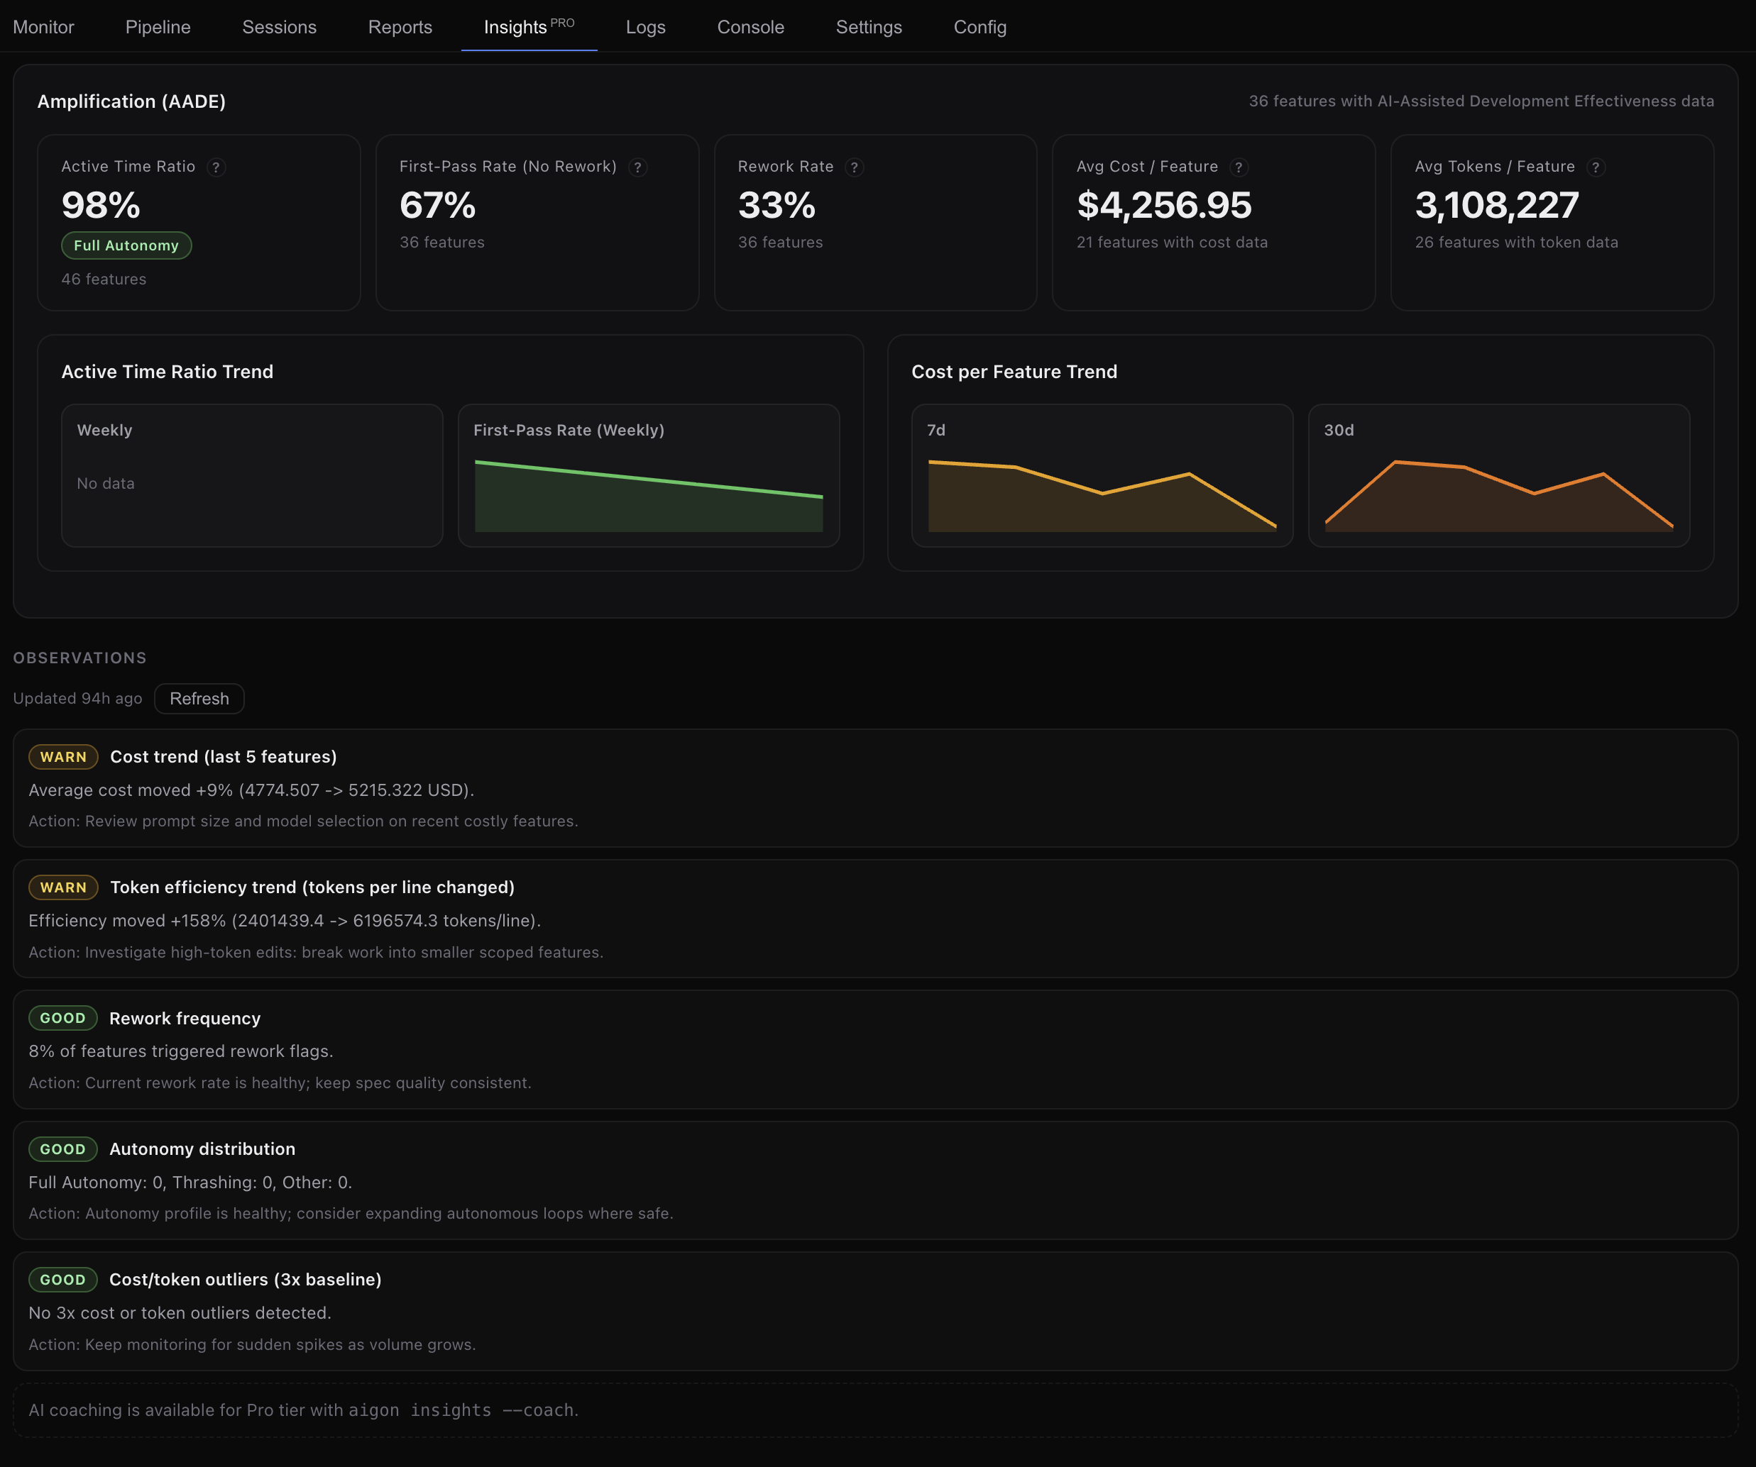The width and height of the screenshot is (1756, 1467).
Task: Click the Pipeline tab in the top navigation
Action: tap(158, 27)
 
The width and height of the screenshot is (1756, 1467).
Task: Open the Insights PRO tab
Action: tap(529, 27)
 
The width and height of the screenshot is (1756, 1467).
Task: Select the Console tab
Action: tap(750, 27)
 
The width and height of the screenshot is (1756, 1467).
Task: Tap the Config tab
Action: tap(980, 27)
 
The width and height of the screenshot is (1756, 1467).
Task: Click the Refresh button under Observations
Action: tap(199, 699)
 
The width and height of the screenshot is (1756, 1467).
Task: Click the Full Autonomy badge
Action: tap(126, 245)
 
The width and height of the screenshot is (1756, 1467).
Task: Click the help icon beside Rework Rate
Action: tap(854, 167)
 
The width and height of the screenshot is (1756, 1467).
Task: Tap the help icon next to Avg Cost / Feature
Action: tap(1239, 167)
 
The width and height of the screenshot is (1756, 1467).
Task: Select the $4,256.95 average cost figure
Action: tap(1164, 206)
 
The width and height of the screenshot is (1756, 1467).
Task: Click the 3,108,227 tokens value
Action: tap(1497, 206)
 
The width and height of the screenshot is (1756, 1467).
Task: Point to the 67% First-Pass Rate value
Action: tap(438, 206)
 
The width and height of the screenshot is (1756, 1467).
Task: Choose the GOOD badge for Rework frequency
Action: tap(62, 1018)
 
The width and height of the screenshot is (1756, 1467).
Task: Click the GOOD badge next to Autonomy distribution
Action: tap(62, 1149)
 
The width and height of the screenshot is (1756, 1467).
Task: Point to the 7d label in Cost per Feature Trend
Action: tap(935, 431)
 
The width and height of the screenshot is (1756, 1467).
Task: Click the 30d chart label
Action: tap(1338, 431)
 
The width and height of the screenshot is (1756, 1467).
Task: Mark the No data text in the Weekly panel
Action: tap(105, 484)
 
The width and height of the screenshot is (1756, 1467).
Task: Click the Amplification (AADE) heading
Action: tap(131, 102)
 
